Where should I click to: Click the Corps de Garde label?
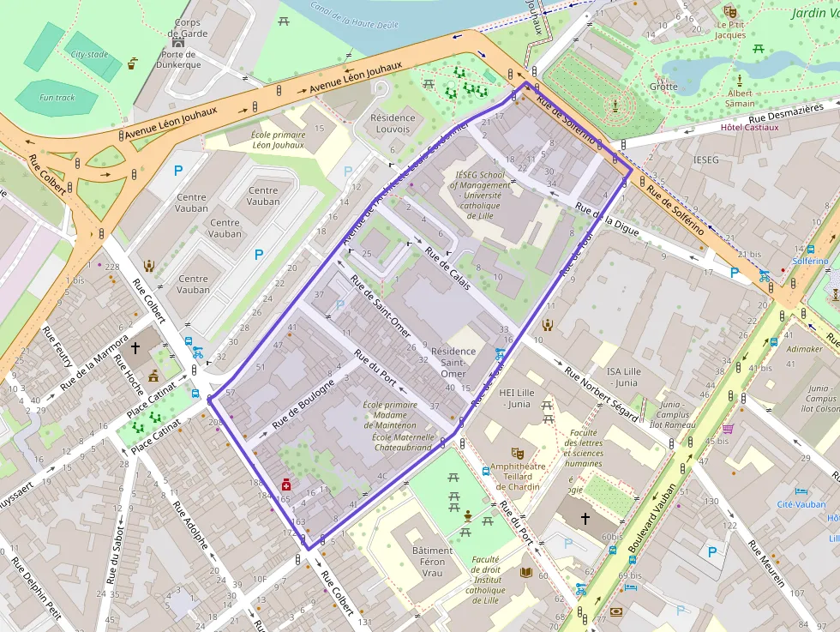pos(188,28)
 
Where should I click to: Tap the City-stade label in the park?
pos(89,54)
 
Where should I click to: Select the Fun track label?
pos(57,98)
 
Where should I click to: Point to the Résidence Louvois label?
pos(393,123)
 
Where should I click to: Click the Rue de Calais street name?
pos(447,268)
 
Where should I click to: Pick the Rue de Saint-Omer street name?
pos(380,304)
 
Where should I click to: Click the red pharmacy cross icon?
pos(285,485)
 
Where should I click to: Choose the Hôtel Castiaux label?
pos(749,128)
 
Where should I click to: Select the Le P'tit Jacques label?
pos(730,30)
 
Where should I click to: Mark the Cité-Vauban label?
pos(801,505)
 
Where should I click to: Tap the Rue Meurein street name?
pos(766,564)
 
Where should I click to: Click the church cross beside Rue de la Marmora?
pos(135,348)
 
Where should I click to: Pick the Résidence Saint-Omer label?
pos(453,362)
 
